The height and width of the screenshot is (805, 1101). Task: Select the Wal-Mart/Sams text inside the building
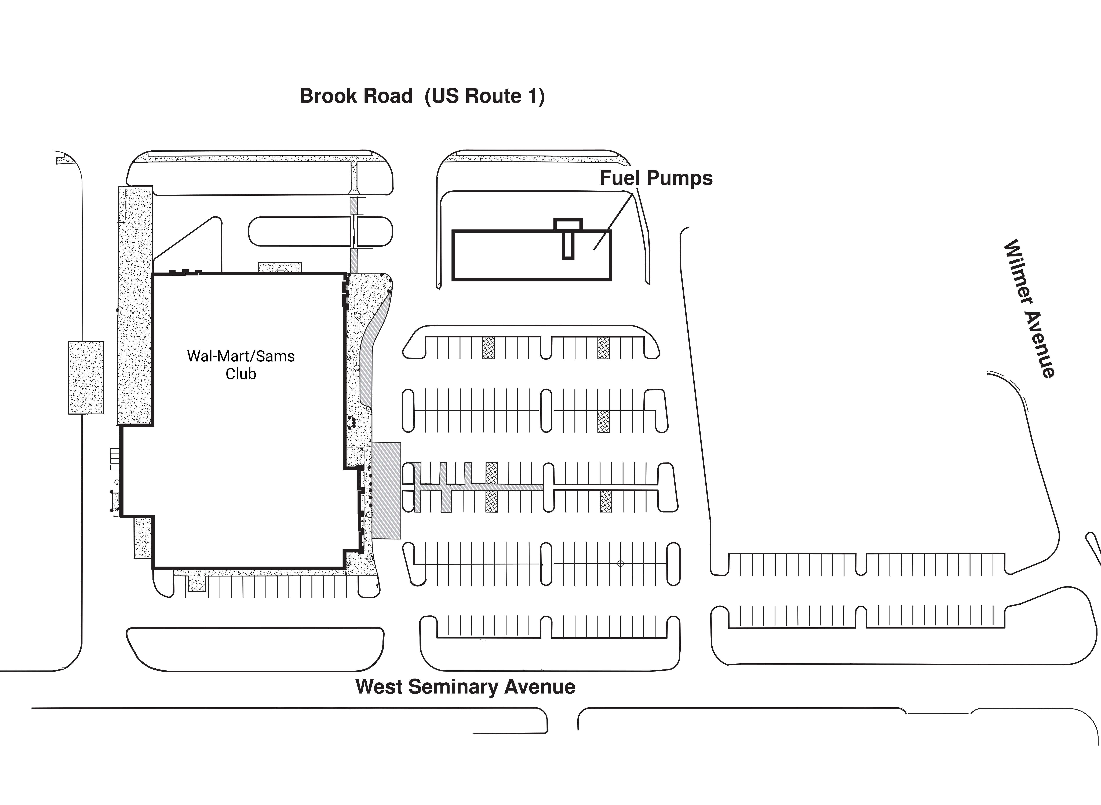[x=241, y=356]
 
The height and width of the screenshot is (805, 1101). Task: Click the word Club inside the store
[x=241, y=374]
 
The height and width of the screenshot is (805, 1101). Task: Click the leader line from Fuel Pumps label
[x=613, y=222]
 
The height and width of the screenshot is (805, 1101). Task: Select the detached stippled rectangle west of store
[x=86, y=378]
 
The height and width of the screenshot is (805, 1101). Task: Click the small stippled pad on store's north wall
[x=280, y=267]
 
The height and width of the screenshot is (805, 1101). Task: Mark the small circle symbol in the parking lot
[x=620, y=564]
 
